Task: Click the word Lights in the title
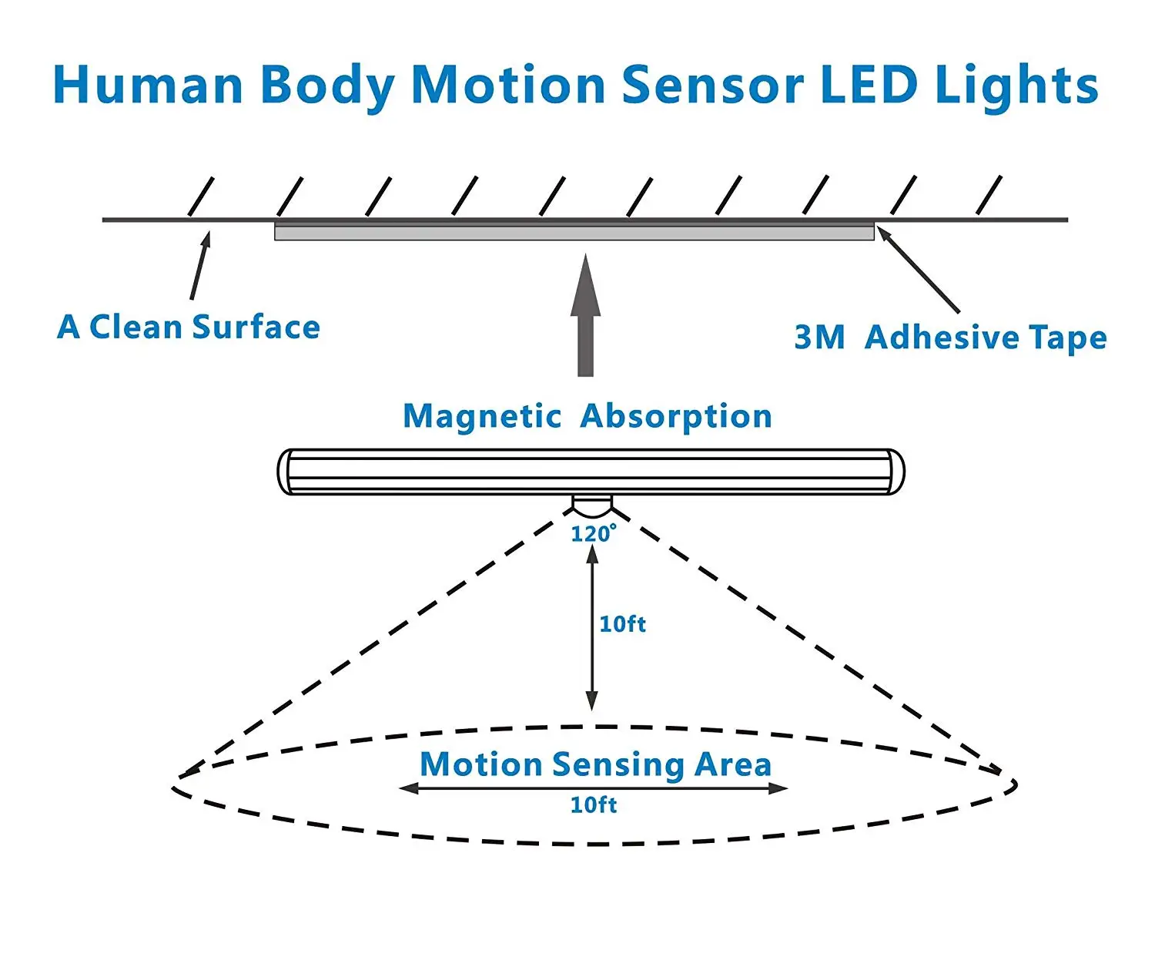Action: [1016, 85]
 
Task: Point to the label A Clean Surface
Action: [189, 327]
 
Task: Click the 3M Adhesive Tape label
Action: [950, 338]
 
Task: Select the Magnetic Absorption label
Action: [588, 416]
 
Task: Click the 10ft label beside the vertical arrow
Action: [622, 623]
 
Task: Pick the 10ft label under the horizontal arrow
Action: [593, 805]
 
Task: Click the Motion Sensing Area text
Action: [595, 764]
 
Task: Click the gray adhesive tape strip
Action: [574, 232]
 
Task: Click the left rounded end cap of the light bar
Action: [285, 472]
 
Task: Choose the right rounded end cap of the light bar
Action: [896, 472]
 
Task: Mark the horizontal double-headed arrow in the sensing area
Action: [593, 788]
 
